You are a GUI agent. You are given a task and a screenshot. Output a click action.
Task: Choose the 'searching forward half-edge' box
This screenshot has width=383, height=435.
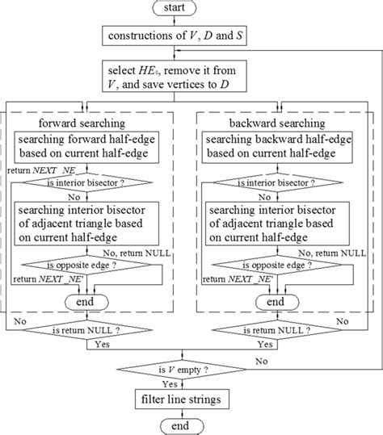pyautogui.click(x=97, y=148)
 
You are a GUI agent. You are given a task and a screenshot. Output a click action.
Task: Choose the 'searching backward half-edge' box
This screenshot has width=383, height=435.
pyautogui.click(x=276, y=148)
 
